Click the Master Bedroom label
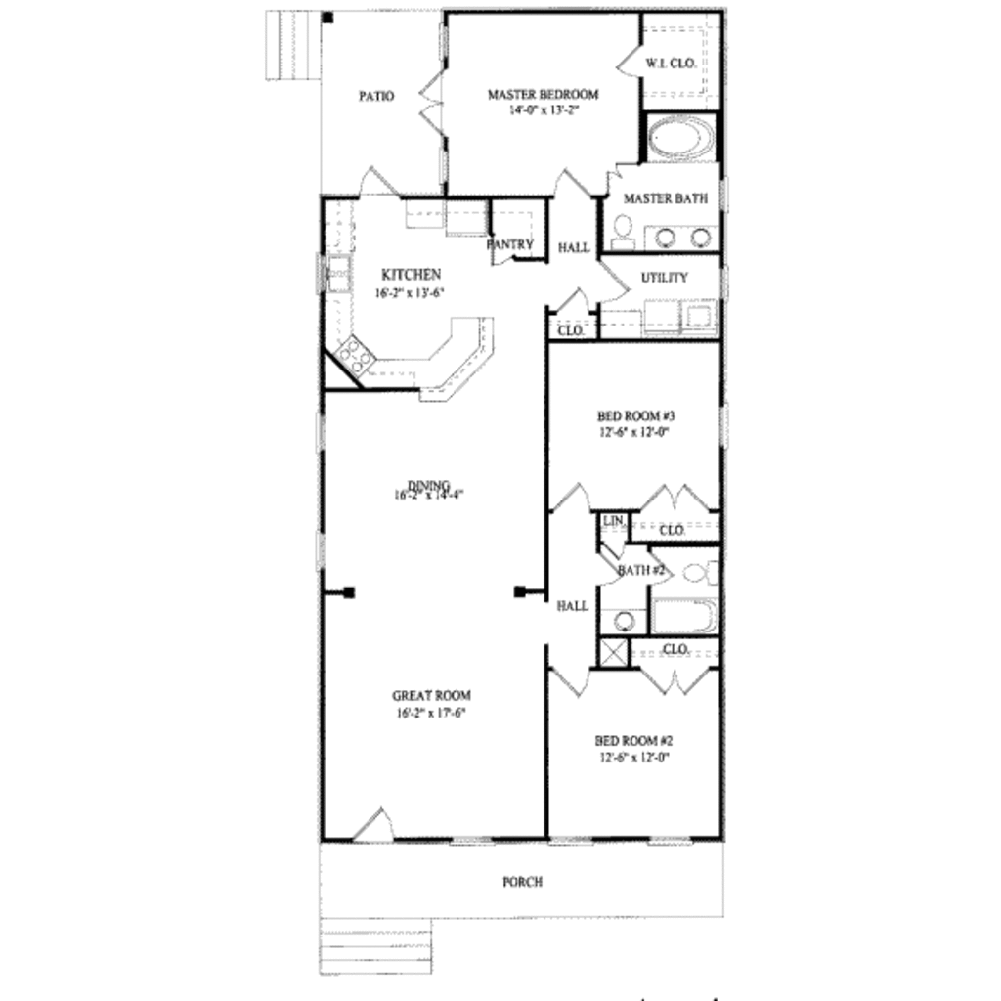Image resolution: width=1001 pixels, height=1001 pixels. click(x=543, y=95)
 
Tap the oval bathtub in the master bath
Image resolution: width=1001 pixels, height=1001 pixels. click(x=680, y=138)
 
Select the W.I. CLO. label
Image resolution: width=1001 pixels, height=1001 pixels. click(x=671, y=64)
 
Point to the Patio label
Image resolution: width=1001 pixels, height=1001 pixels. click(x=376, y=96)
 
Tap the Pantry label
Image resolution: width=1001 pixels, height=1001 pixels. click(x=510, y=244)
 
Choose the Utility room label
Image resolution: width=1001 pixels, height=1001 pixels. click(x=664, y=278)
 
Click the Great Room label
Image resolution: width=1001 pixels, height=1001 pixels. click(x=431, y=696)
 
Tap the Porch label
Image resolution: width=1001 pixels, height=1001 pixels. click(x=522, y=882)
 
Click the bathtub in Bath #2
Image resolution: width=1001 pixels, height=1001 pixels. click(x=684, y=617)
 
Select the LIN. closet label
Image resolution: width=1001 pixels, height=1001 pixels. click(x=613, y=521)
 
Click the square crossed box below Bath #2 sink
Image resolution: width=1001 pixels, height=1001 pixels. click(x=613, y=652)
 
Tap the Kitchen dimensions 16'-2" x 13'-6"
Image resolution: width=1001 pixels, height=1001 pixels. click(x=411, y=293)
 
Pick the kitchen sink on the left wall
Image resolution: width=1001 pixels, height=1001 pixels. click(x=338, y=273)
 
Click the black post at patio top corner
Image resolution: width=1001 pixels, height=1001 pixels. click(x=328, y=17)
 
